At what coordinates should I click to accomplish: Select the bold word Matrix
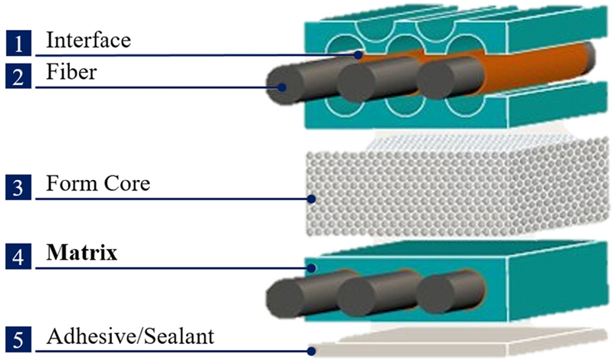[82, 254]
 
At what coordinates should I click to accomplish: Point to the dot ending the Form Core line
[311, 200]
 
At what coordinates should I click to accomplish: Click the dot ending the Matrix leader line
[311, 268]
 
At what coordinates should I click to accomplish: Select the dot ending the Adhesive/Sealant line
[311, 351]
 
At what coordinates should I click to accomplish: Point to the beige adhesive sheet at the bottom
[460, 344]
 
